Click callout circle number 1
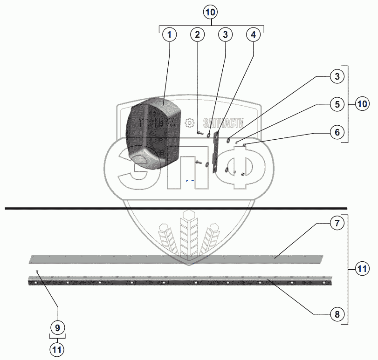(170, 34)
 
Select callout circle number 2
(198, 34)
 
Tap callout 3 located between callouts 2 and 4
(225, 34)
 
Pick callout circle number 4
(253, 34)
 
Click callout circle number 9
(58, 327)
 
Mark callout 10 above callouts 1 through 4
(212, 12)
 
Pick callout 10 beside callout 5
(362, 104)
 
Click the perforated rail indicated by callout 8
(177, 281)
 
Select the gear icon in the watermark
(189, 123)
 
